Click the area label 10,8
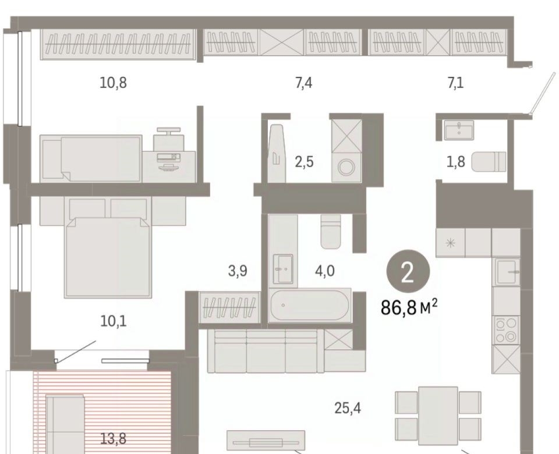(113, 83)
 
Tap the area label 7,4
(304, 83)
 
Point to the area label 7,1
(455, 83)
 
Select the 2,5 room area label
(304, 162)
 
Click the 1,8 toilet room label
(456, 162)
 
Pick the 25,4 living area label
(348, 408)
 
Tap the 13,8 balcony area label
(113, 439)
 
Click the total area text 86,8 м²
(409, 307)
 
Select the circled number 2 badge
(408, 272)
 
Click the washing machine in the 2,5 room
(346, 167)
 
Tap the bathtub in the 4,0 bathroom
(310, 306)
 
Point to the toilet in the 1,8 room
(489, 162)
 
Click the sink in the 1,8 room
(459, 130)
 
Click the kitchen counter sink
(507, 271)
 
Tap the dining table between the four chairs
(438, 416)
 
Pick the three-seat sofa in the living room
(266, 350)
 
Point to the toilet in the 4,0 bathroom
(331, 232)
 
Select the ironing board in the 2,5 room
(277, 153)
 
